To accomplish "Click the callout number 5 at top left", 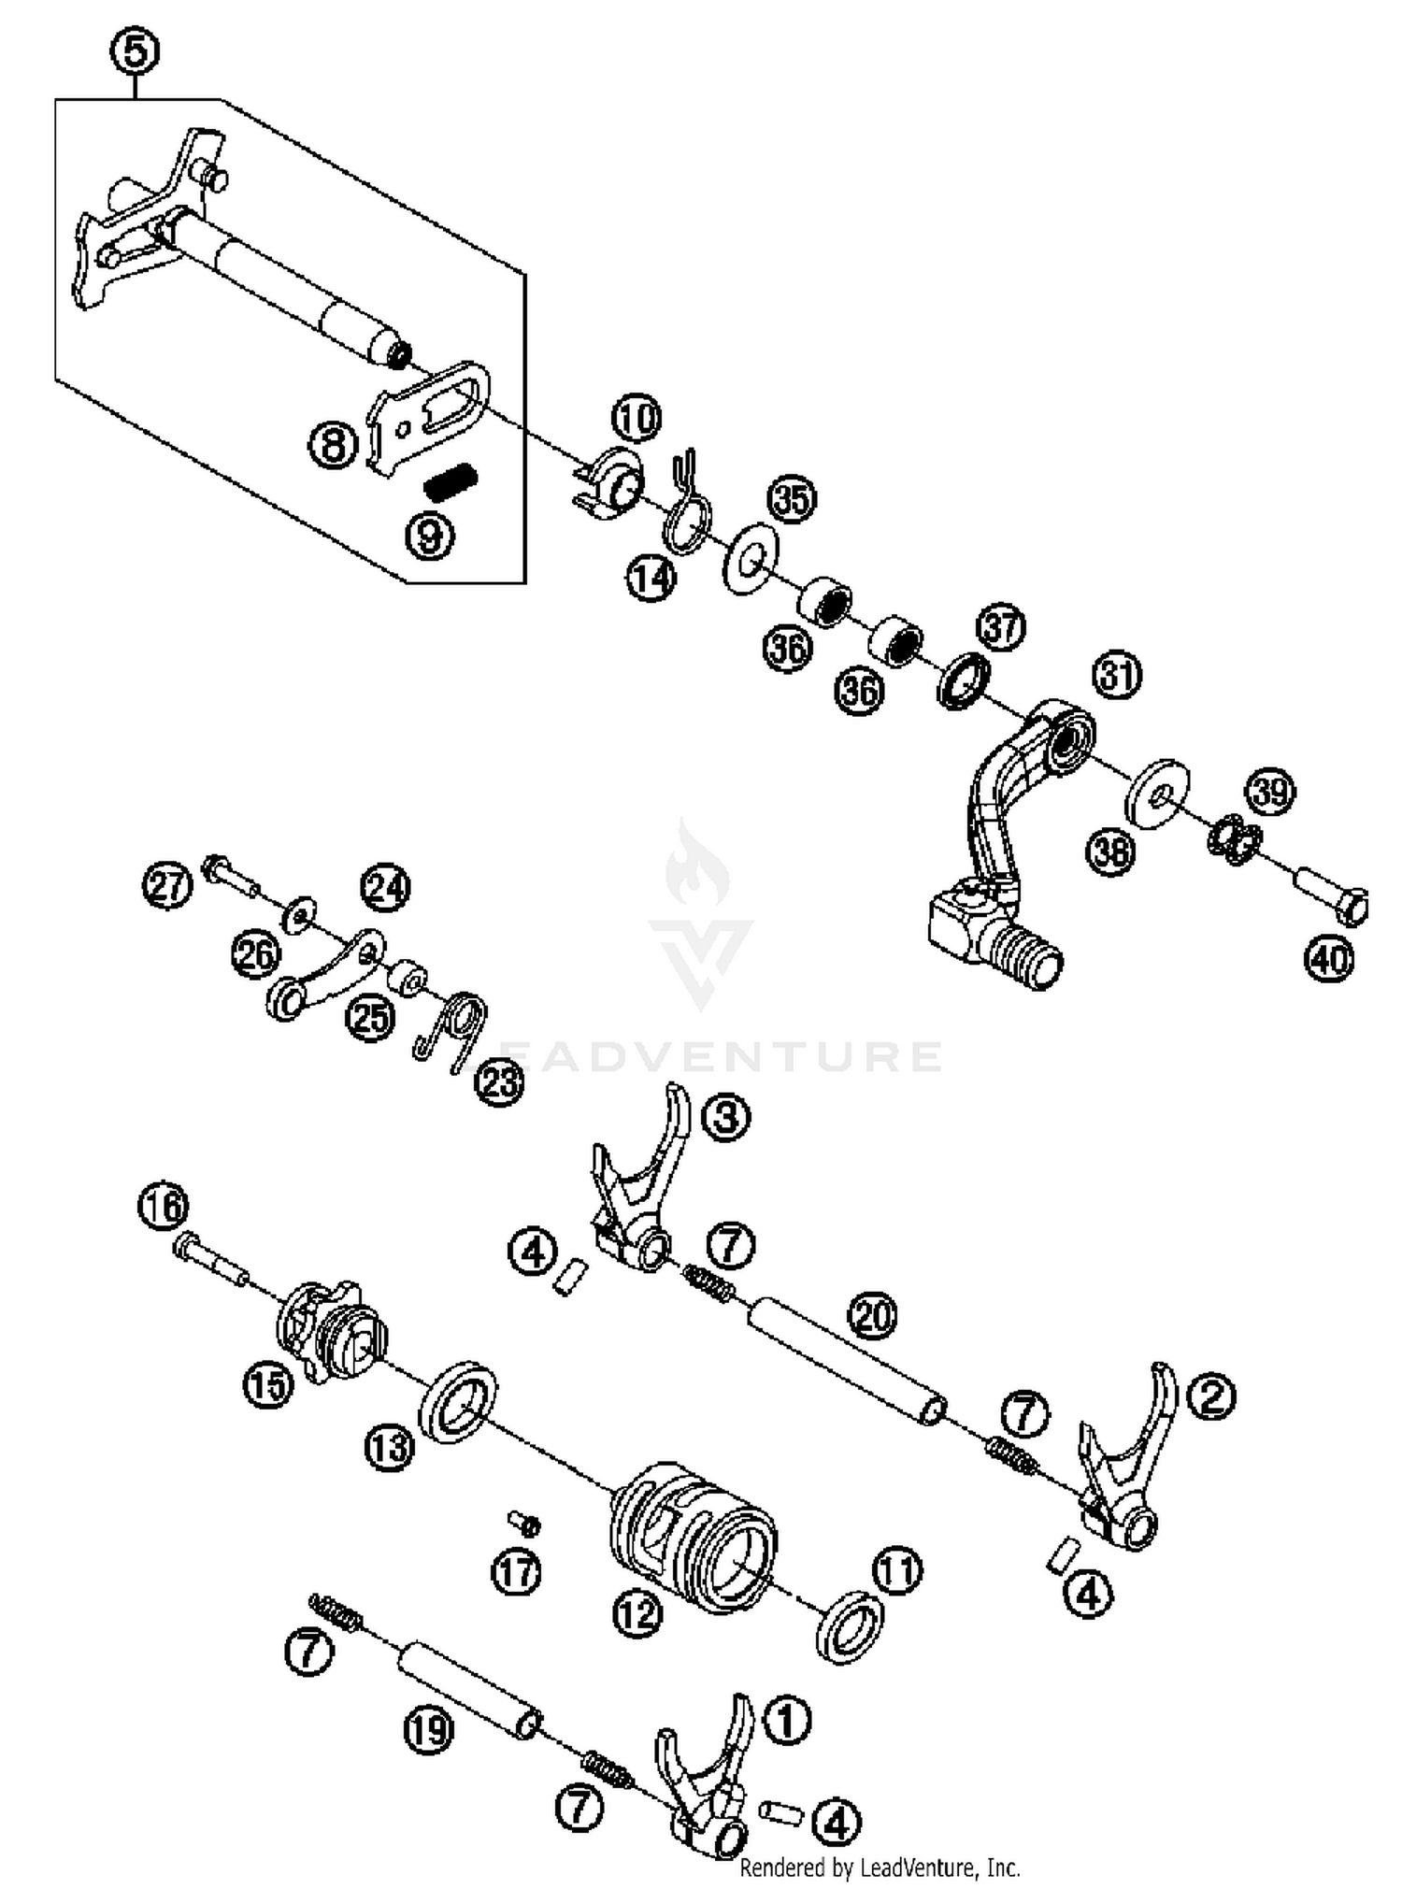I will [136, 52].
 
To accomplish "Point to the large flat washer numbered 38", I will [1158, 793].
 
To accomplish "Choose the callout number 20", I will [872, 1317].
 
